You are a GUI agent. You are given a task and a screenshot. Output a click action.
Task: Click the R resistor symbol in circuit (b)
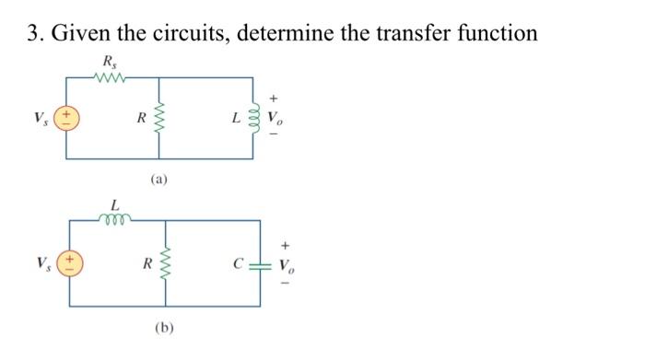point(166,264)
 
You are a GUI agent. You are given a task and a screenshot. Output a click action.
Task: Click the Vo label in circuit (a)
point(277,120)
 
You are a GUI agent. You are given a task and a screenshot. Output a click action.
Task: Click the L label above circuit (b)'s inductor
point(114,204)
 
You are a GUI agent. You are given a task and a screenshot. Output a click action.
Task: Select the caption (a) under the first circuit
point(158,180)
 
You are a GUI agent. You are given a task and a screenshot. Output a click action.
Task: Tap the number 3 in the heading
point(32,34)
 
